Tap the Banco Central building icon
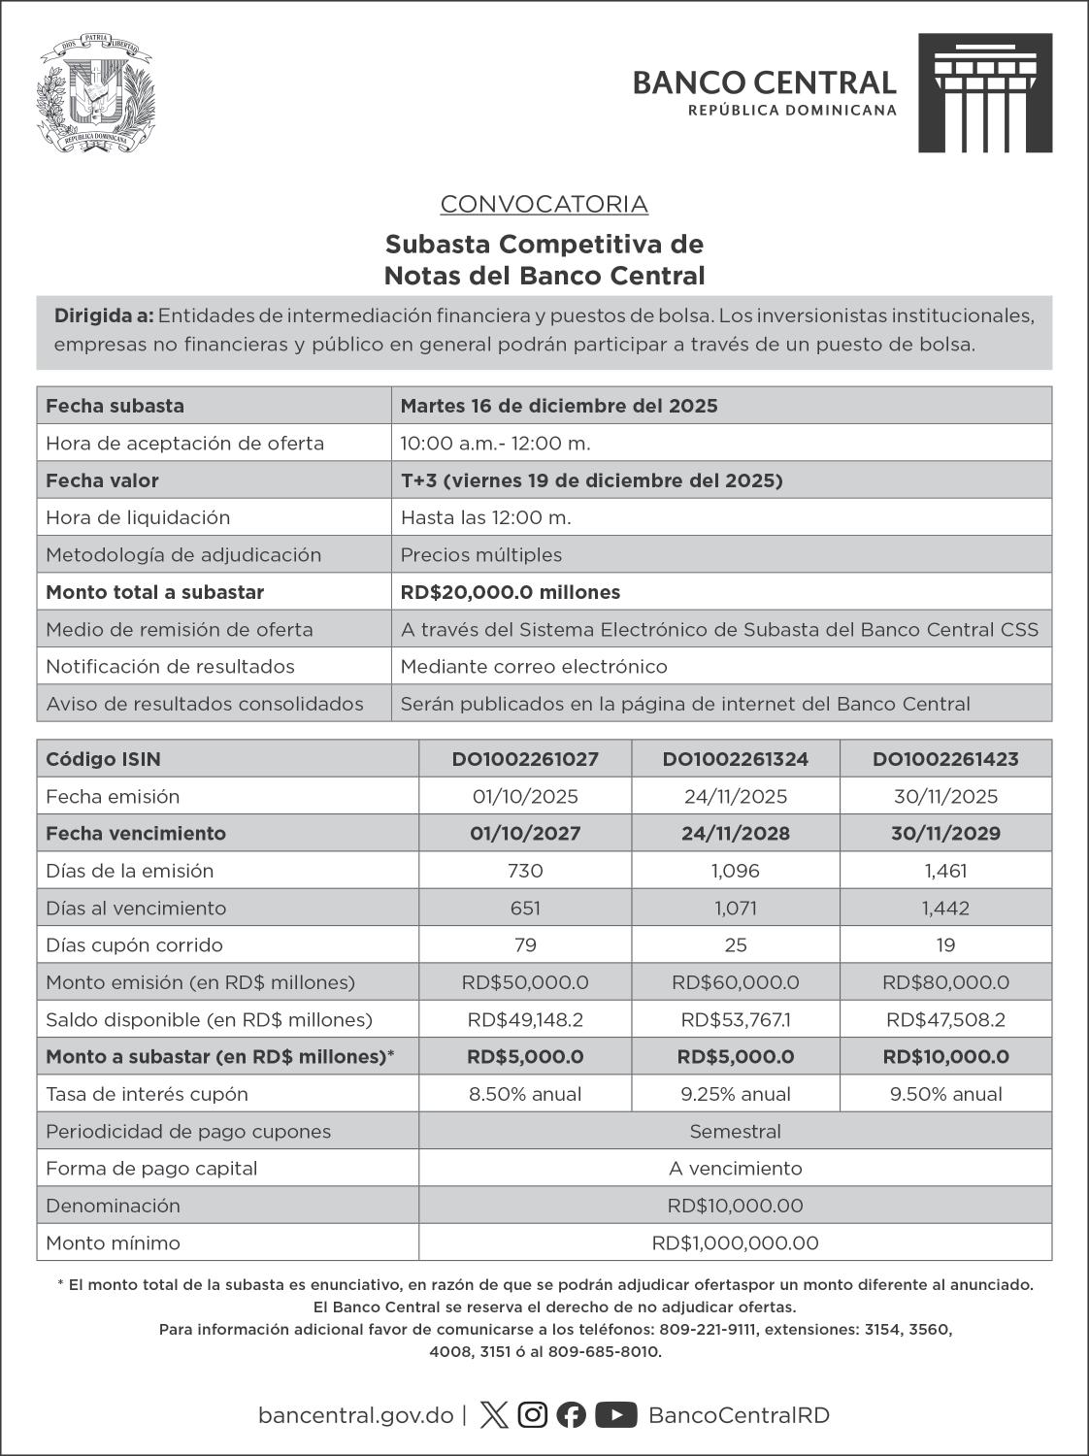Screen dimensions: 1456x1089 pos(984,92)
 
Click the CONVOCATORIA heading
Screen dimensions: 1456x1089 pos(544,204)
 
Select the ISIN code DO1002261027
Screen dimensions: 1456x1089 pos(525,759)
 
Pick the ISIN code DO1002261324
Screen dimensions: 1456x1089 pos(736,759)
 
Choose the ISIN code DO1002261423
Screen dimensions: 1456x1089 pos(945,759)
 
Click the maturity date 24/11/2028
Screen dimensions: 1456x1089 pos(736,833)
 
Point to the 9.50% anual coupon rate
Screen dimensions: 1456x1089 pos(945,1094)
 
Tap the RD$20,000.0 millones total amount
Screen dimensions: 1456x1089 pos(511,592)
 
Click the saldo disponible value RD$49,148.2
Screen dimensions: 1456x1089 pos(525,1019)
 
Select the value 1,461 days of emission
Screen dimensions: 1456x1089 pos(945,871)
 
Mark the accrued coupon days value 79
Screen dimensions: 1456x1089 pos(525,944)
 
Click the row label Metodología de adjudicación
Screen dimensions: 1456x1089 pos(183,555)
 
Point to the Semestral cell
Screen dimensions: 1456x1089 pos(735,1131)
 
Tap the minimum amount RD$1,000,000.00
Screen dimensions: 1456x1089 pos(735,1242)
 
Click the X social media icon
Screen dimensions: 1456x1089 pos(494,1415)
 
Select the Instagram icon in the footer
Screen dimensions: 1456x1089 pos(532,1415)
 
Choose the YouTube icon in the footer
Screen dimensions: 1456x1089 pos(615,1415)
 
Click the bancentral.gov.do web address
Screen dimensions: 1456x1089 pos(355,1415)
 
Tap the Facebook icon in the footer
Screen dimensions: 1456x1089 pos(572,1415)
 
